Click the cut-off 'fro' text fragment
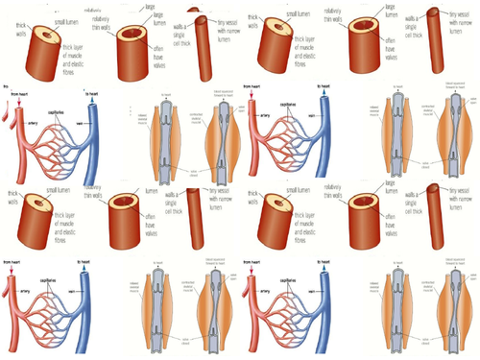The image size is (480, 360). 7,85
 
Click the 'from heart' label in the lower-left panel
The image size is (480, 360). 13,261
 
